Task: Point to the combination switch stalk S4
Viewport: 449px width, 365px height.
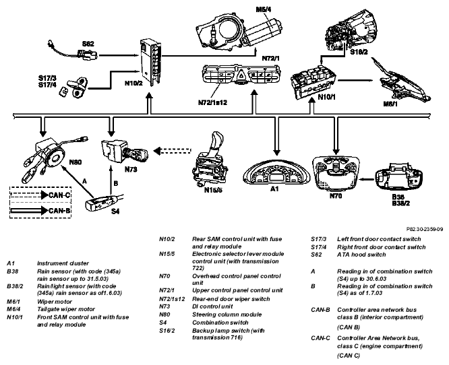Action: pos(104,202)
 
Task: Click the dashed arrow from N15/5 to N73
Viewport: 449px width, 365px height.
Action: pos(173,150)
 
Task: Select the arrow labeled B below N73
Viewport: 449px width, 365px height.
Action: pos(111,181)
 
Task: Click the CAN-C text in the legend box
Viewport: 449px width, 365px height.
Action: pos(59,195)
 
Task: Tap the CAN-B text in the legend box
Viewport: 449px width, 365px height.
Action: pos(59,211)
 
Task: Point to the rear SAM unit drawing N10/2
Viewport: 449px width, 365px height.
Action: pos(150,62)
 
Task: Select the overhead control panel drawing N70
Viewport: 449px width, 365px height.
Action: pos(336,174)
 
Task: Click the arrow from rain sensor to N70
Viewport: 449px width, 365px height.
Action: pos(367,180)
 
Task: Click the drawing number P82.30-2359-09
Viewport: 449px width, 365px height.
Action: pos(425,229)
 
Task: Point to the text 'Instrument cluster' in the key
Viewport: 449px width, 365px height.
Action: pos(63,263)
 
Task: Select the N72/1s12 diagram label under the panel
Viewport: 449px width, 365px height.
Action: pos(212,102)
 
